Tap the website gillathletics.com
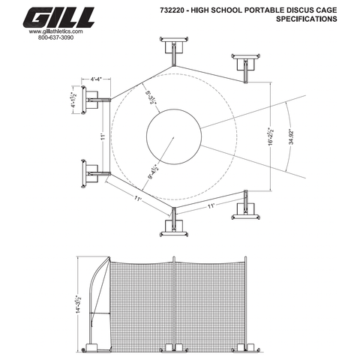[56, 33]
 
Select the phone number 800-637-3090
[56, 39]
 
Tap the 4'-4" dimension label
[97, 78]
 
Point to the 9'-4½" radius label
[154, 174]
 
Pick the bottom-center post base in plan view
[173, 227]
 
